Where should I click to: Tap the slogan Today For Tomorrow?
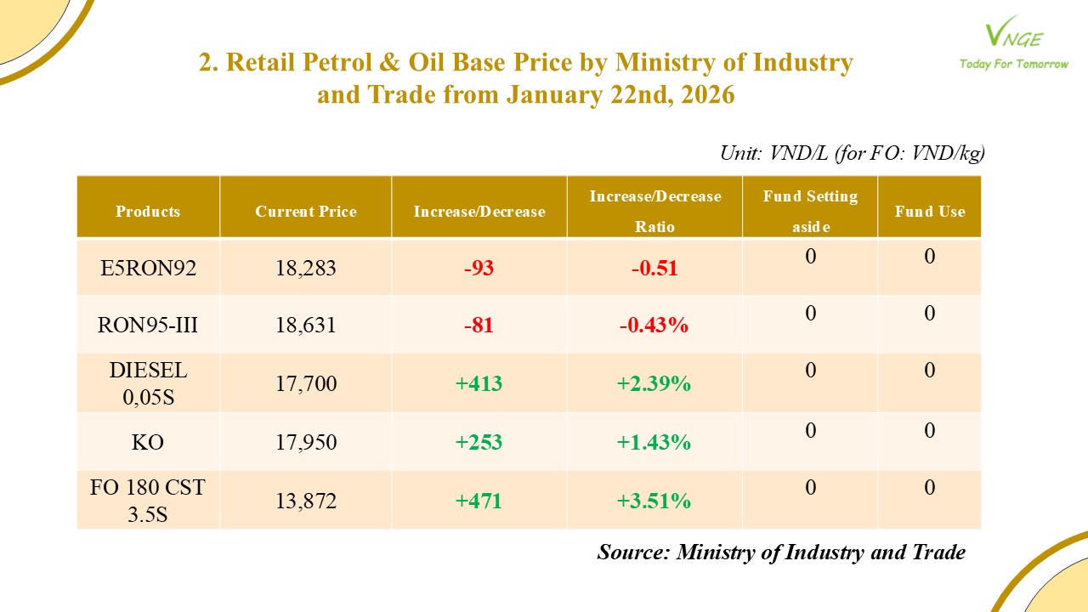[x=1013, y=64]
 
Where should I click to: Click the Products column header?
[x=148, y=212]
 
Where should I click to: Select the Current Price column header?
[x=306, y=212]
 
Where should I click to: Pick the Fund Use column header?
[x=929, y=212]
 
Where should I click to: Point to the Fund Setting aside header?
[x=810, y=211]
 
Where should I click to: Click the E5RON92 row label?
[x=148, y=269]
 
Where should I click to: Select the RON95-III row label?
[x=148, y=326]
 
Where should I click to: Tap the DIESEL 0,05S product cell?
[x=148, y=383]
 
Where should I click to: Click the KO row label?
[x=148, y=443]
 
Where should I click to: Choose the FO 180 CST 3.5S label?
[x=148, y=501]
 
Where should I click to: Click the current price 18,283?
[x=306, y=269]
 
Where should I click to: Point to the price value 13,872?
[x=306, y=501]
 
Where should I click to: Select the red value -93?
[x=479, y=269]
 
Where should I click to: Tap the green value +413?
[x=479, y=383]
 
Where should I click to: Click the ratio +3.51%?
[x=654, y=501]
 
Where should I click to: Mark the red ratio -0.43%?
[x=654, y=326]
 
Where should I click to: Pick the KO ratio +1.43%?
[x=654, y=443]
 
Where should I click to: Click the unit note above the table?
[x=852, y=153]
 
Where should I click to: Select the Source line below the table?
[x=781, y=552]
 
